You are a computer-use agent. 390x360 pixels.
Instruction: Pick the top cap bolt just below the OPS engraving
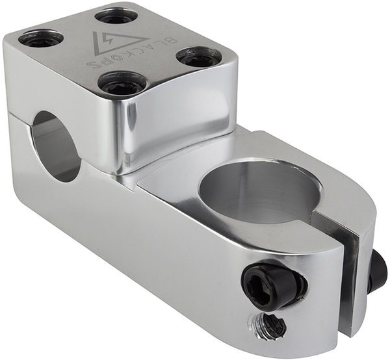(122, 83)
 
